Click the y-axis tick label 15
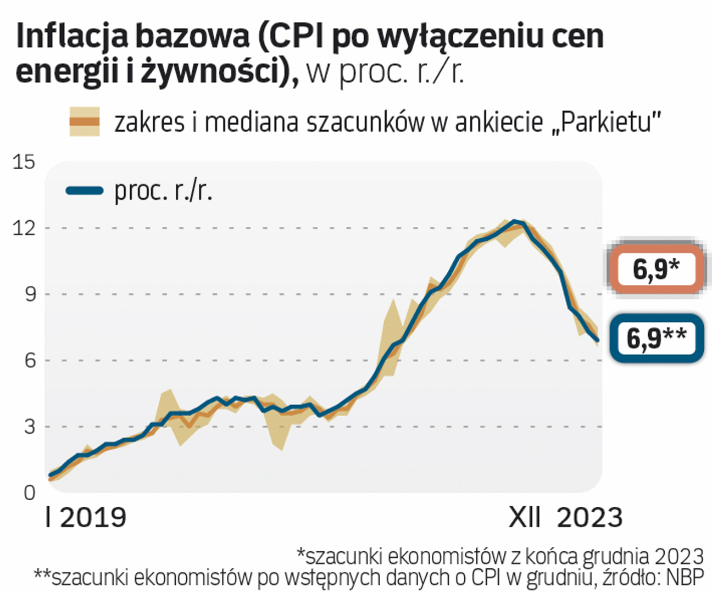[x=24, y=162]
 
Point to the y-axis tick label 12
[x=24, y=228]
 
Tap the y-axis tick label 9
[x=29, y=294]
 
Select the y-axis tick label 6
[x=29, y=361]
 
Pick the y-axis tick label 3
[x=29, y=427]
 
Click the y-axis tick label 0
[x=29, y=493]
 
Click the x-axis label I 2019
[x=86, y=518]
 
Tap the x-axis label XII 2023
[x=565, y=518]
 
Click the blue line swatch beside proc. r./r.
[x=84, y=191]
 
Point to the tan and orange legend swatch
[x=84, y=122]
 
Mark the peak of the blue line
[x=514, y=221]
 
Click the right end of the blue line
[x=597, y=340]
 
